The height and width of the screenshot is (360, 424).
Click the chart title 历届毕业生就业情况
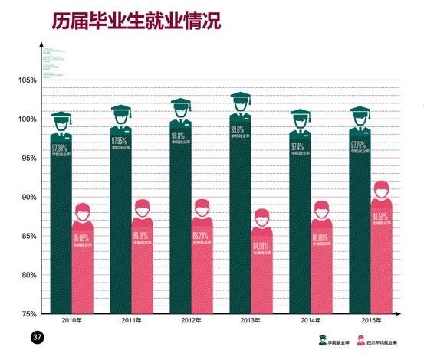(136, 21)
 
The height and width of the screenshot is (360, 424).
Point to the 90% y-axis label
(28, 197)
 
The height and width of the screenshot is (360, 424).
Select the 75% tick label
(28, 313)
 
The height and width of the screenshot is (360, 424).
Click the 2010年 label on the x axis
(62, 319)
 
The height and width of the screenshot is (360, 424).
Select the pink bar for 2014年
(322, 268)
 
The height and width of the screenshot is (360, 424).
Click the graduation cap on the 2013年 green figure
(241, 98)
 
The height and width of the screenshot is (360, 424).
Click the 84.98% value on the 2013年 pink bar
(261, 247)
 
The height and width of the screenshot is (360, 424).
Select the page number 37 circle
(36, 336)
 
